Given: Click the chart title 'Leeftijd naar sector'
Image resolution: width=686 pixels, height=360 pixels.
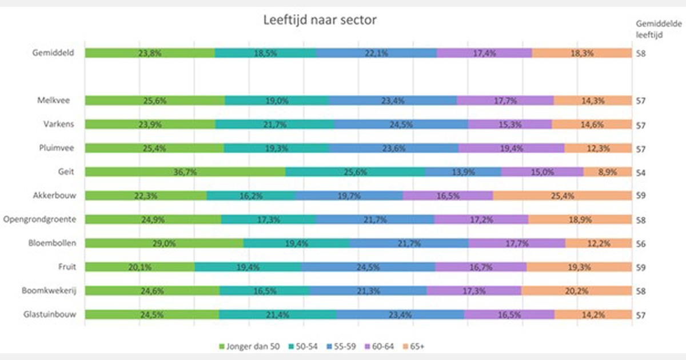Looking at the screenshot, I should click(320, 21).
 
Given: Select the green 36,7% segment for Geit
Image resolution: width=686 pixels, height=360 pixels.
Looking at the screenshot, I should click(185, 172).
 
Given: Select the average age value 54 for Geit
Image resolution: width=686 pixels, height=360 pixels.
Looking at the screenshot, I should click(642, 172).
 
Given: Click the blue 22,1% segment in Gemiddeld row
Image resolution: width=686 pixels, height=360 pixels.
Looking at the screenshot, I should click(376, 53).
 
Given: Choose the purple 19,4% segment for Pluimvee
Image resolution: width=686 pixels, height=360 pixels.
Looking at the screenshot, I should click(511, 148).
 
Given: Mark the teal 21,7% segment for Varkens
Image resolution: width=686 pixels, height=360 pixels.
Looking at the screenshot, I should click(274, 125).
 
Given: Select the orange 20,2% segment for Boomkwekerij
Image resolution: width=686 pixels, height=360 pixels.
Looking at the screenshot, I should click(576, 290).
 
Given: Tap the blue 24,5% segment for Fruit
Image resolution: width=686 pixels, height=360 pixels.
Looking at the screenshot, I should click(368, 267).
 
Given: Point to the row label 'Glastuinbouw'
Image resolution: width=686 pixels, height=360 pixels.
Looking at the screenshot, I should click(50, 314).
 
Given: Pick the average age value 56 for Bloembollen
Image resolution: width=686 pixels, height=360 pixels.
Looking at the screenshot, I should click(642, 243).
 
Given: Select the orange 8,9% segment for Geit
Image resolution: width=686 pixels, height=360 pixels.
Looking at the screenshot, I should click(607, 172).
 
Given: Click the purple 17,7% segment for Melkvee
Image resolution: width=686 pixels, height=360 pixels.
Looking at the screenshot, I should click(505, 101).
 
